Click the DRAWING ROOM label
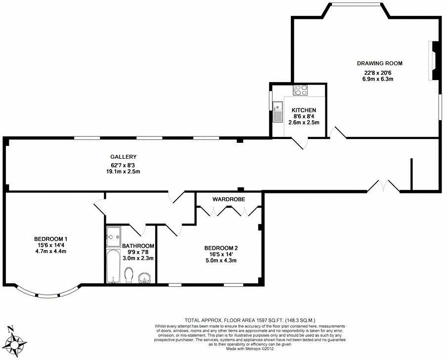click(380, 63)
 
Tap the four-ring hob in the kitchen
click(301, 90)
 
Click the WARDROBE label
click(229, 199)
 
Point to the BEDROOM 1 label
click(47, 237)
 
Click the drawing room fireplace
click(434, 60)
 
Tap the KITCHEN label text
click(304, 110)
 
